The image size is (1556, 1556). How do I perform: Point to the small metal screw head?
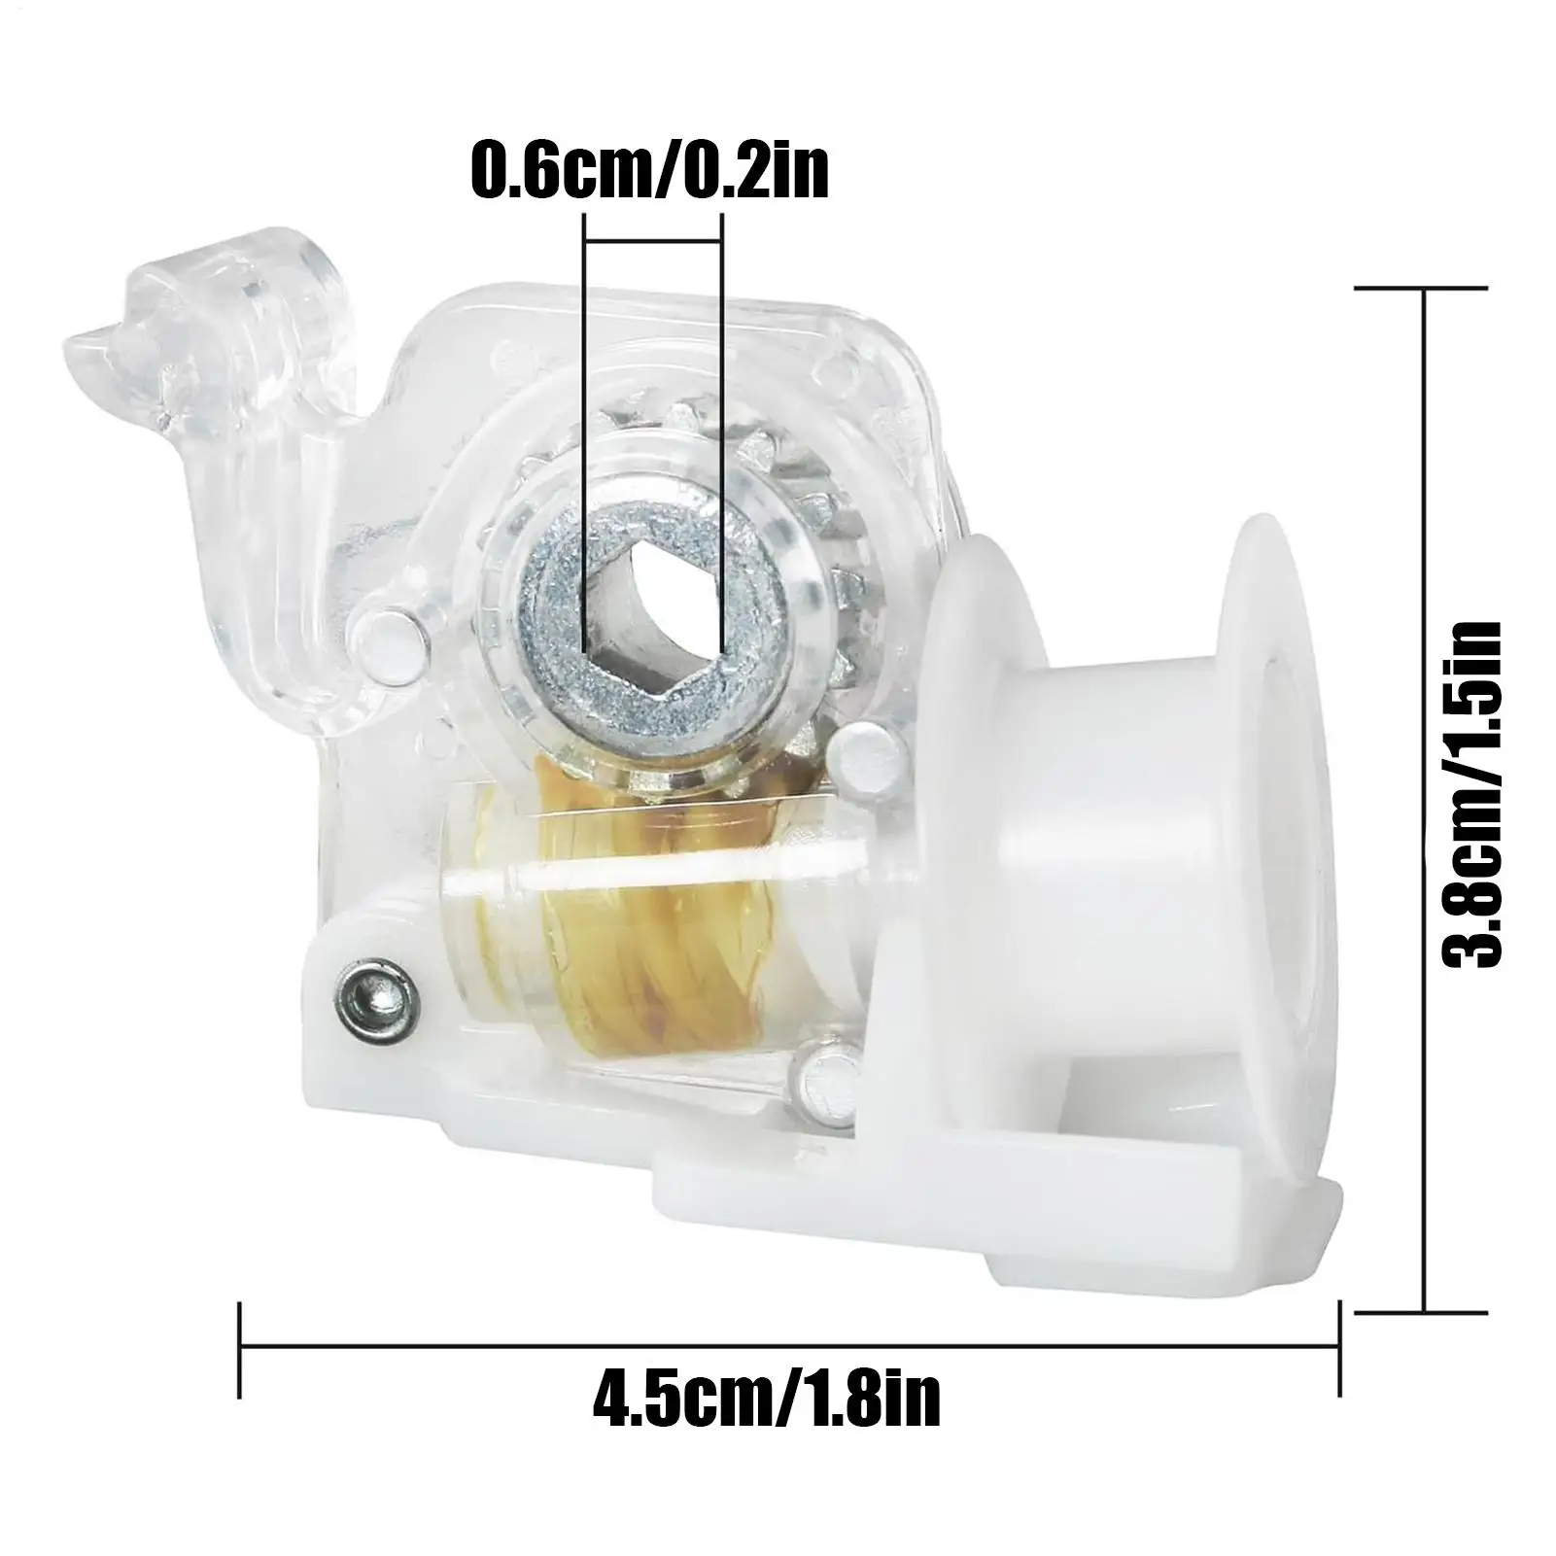coord(371,993)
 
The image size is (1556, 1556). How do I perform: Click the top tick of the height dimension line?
coord(1421,288)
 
